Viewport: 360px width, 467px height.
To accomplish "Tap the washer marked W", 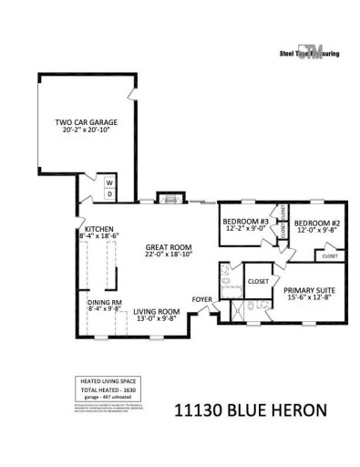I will click(109, 181).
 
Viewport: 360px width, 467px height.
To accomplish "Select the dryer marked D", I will click(109, 193).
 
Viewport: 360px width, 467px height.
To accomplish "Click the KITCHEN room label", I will click(98, 229).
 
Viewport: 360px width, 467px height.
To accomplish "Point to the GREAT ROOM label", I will click(168, 247).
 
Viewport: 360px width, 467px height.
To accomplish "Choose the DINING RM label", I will click(105, 302).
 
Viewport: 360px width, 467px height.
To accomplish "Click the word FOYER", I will click(201, 298).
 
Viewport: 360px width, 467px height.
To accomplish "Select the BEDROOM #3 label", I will click(245, 222).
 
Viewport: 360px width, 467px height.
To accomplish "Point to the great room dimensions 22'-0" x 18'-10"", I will click(168, 255).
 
